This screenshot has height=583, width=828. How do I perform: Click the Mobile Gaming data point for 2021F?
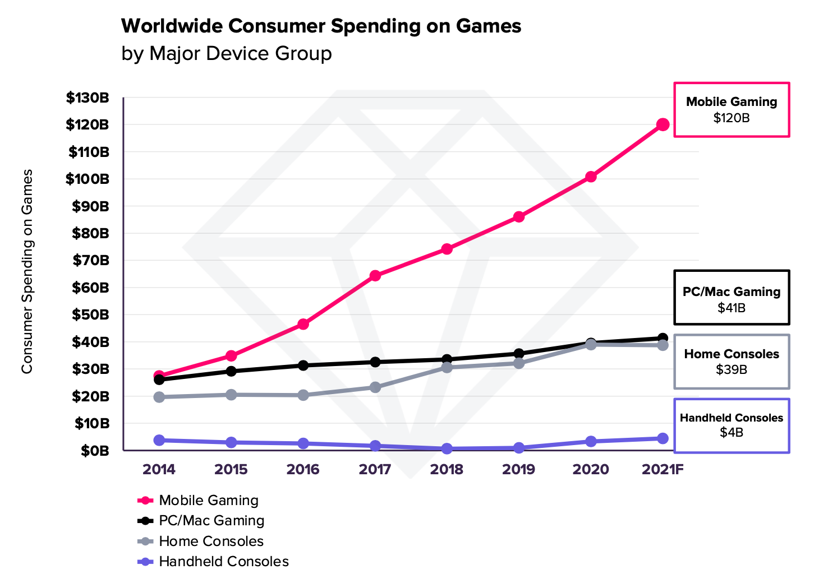[663, 124]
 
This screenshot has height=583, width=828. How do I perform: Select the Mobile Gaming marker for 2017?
[375, 276]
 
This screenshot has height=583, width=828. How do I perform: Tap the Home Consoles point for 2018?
[447, 367]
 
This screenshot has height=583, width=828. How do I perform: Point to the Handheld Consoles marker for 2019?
[519, 448]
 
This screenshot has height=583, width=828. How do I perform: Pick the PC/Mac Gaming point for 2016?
[303, 365]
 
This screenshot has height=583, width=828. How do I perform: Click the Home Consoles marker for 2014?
[159, 397]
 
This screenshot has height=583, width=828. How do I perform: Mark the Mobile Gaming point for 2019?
[519, 216]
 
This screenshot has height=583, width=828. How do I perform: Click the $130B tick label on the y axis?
[88, 98]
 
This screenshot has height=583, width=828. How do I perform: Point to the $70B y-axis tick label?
[90, 261]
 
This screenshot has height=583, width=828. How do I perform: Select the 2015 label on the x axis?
[231, 469]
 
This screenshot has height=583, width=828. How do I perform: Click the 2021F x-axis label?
[663, 469]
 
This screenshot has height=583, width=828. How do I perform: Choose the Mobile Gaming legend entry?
[208, 500]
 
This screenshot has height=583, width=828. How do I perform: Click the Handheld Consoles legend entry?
[223, 561]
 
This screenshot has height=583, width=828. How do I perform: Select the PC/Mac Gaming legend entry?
[211, 521]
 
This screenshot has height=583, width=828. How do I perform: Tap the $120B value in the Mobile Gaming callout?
[732, 118]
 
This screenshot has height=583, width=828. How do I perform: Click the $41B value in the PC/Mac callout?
[732, 308]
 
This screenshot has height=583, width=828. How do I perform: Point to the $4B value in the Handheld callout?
[732, 432]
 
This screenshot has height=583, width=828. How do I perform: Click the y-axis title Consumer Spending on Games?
[27, 271]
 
